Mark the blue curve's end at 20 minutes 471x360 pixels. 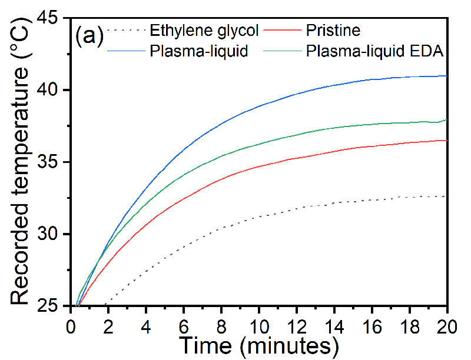tap(447, 76)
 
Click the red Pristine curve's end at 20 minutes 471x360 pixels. tap(447, 140)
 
